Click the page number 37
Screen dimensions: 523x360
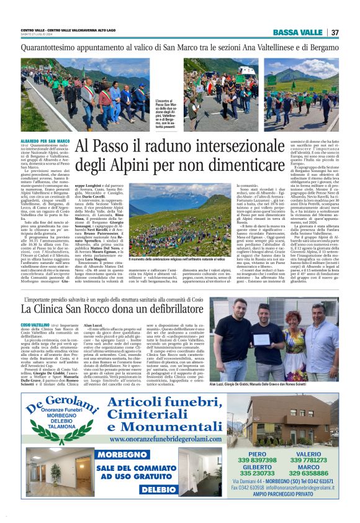pos(335,32)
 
